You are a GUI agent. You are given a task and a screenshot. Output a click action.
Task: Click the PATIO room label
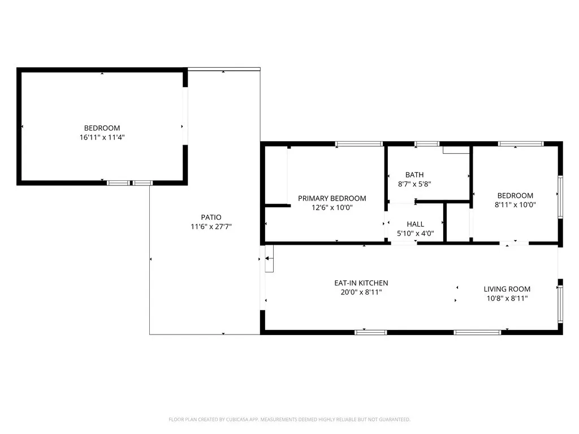pos(211,217)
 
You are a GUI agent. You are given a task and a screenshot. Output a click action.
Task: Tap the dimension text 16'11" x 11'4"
pos(102,137)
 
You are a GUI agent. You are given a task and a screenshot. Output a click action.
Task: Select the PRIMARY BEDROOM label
pos(332,198)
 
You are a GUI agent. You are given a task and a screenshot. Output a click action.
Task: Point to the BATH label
pos(414,175)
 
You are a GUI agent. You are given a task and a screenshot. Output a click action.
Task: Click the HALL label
pos(415,224)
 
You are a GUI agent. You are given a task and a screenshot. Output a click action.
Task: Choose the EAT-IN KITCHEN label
pos(361,283)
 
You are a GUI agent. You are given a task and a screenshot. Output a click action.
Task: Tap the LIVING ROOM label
pos(507,289)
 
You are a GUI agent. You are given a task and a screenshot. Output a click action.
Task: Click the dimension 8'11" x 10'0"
pos(515,205)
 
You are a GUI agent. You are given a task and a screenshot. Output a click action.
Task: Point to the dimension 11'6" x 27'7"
pos(211,226)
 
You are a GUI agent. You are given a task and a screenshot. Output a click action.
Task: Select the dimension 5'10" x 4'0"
pos(415,233)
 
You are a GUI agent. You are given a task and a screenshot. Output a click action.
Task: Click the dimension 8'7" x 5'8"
pos(414,184)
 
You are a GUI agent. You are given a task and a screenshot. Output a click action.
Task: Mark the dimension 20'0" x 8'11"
pos(361,292)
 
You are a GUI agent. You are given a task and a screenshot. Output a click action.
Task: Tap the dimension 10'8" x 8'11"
pos(507,298)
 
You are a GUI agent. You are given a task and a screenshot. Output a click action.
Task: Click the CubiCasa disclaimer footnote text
pos(289,419)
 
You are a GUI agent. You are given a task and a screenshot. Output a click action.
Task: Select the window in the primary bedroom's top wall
pos(352,144)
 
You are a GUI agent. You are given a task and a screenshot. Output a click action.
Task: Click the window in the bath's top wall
pos(427,144)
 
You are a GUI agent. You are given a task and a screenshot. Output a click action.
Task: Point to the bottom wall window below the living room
pos(477,332)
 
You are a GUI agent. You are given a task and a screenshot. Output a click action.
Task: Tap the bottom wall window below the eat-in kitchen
pos(371,332)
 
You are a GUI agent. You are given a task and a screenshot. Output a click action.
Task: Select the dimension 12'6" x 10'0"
pos(332,207)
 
